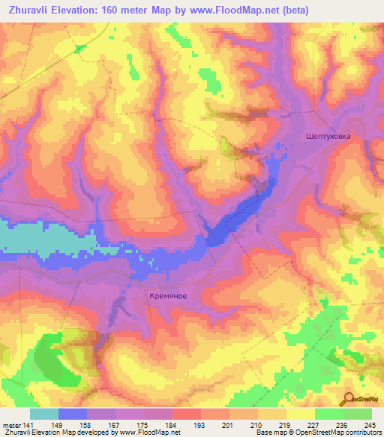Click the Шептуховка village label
click(x=328, y=137)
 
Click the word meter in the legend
click(x=11, y=424)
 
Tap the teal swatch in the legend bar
click(x=44, y=413)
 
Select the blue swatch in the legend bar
click(x=73, y=413)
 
